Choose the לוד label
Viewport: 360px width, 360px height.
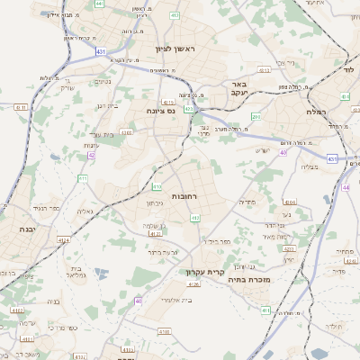click(x=348, y=68)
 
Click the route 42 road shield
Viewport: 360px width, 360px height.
click(x=92, y=155)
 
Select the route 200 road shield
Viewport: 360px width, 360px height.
click(x=256, y=116)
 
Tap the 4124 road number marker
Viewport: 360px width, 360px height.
click(x=63, y=239)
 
